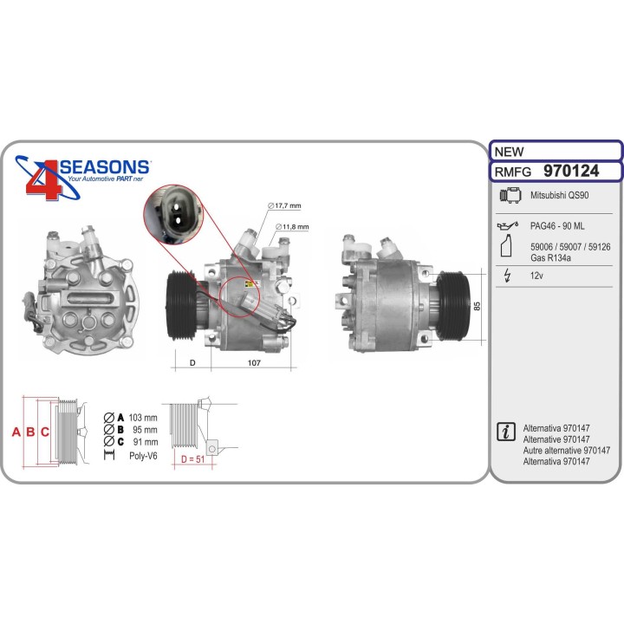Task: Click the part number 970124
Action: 571,171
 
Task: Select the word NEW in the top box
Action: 509,152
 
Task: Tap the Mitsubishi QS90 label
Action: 559,195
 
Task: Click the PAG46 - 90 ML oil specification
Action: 557,226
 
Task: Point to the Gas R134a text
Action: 550,258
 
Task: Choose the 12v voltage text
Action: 536,276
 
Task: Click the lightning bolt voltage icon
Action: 507,276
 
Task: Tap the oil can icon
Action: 508,225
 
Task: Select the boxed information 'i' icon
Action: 506,432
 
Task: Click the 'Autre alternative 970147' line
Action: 566,451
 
